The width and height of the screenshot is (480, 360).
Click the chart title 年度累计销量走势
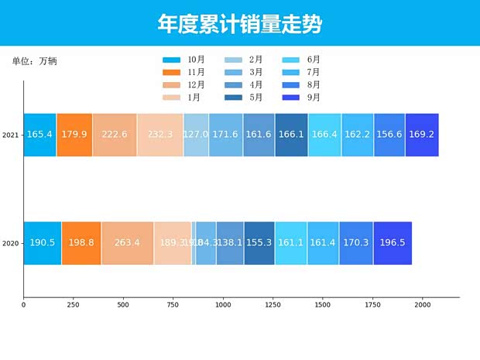point(240,23)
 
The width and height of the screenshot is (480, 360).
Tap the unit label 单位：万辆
point(35,61)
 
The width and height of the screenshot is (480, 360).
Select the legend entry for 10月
point(184,60)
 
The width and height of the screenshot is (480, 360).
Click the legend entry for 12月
point(184,84)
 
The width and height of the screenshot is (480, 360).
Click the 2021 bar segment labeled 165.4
point(39,135)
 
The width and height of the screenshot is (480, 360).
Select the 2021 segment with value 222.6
point(114,135)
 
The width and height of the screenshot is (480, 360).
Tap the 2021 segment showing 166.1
point(291,135)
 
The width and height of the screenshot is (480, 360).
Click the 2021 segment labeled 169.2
point(421,135)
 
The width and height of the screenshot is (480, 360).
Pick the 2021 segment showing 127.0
point(196,135)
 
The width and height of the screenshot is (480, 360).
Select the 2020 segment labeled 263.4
point(127,243)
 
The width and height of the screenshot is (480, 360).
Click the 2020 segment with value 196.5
point(393,243)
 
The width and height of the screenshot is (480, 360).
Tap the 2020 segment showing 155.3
point(259,243)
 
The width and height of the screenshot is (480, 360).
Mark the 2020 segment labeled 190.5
point(43,243)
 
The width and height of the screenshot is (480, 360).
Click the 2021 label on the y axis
point(11,135)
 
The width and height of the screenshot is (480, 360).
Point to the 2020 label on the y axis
point(11,244)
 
